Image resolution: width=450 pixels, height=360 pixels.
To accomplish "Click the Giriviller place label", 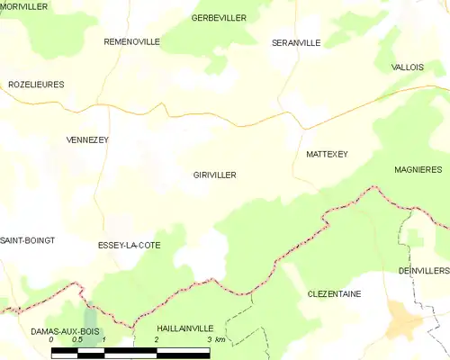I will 214,175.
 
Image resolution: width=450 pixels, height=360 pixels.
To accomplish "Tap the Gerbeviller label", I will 220,18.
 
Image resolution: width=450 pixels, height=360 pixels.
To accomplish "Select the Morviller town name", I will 24,6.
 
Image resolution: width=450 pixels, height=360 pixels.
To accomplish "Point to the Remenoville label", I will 131,41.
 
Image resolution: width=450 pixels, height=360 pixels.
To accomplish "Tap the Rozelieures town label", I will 36,84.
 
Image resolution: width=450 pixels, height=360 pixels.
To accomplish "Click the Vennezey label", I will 87,139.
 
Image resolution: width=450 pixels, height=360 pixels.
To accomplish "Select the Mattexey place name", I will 327,154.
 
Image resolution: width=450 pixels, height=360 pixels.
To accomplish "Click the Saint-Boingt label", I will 27,240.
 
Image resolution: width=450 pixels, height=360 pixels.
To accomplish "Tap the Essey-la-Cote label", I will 129,245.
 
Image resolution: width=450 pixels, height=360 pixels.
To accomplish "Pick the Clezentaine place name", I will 334,293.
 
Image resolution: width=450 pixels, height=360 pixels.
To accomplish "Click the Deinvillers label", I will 424,270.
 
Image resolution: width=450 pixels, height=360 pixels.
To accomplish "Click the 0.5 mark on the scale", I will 77,340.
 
